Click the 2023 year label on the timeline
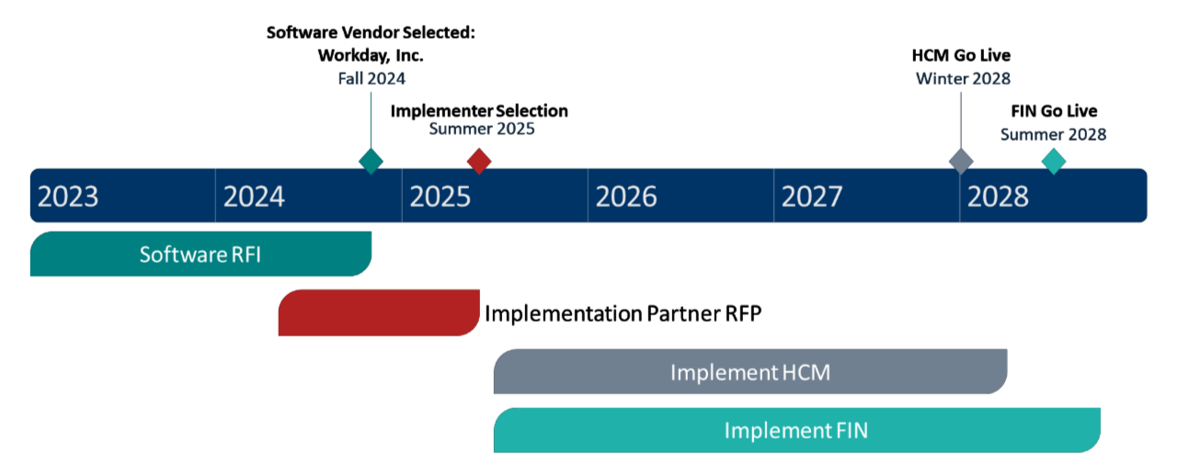(x=68, y=196)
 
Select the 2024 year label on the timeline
(x=254, y=196)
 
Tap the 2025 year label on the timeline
(x=440, y=196)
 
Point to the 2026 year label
(x=626, y=196)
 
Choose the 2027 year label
(x=812, y=196)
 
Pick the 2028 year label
(x=998, y=196)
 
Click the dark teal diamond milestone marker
(x=371, y=161)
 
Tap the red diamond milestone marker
(x=479, y=161)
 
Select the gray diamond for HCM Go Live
(x=961, y=161)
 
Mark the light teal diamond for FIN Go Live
(x=1054, y=161)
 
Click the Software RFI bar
(x=200, y=254)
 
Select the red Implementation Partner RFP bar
(x=379, y=313)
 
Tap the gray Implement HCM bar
(x=750, y=372)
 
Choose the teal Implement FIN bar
(x=796, y=430)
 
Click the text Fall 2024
(x=371, y=78)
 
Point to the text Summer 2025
(x=482, y=130)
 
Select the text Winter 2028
(x=962, y=78)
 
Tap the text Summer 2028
(x=1053, y=134)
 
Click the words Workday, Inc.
(x=371, y=55)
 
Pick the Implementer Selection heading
(x=479, y=111)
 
